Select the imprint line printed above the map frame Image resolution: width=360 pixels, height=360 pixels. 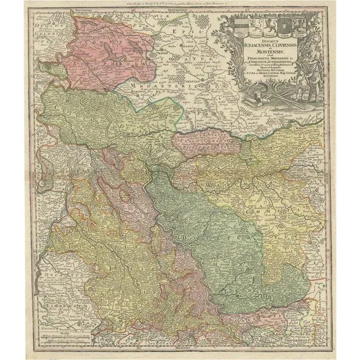[x=180, y=4]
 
